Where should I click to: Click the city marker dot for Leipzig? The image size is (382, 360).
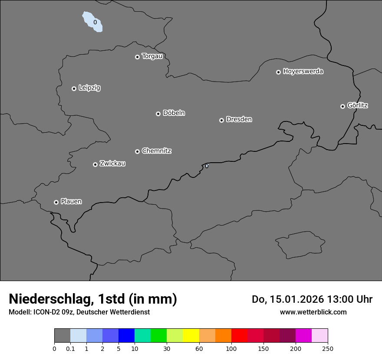74,88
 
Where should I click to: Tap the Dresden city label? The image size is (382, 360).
239,119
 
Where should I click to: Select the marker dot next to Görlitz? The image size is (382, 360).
342,106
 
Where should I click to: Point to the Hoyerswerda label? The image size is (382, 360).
303,72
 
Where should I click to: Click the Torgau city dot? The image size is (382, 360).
137,57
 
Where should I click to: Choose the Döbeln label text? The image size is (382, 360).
174,113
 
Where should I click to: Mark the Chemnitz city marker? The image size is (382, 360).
137,151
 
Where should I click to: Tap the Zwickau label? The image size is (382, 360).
112,164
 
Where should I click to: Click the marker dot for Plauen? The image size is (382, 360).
56,202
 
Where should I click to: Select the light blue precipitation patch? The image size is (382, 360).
93,22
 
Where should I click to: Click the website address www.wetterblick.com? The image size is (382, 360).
313,312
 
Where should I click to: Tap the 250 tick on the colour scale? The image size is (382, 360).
327,349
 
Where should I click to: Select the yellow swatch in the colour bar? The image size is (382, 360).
191,336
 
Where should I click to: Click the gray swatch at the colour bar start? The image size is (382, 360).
62,336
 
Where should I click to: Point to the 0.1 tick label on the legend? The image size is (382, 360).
70,349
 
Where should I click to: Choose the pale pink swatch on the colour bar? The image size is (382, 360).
319,336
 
